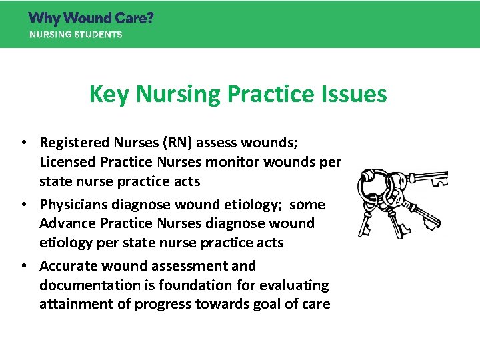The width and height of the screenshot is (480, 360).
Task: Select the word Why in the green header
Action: (x=45, y=18)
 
